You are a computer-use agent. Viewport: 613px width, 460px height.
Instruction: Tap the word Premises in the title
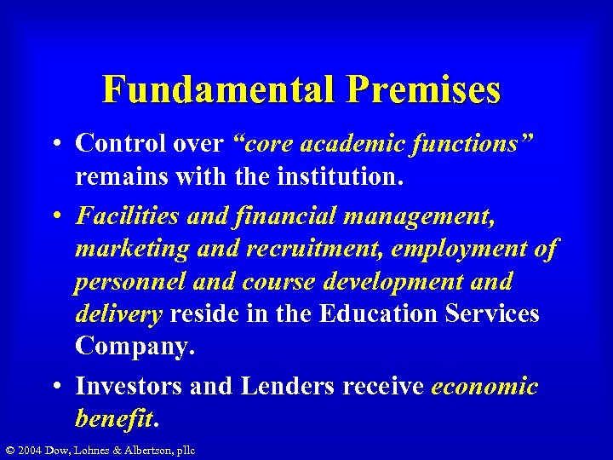[425, 90]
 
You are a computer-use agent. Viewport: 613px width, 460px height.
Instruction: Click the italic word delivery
[118, 313]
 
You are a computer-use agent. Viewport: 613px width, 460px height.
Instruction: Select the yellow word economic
[484, 386]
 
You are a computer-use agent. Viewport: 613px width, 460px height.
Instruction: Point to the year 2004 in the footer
[31, 450]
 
